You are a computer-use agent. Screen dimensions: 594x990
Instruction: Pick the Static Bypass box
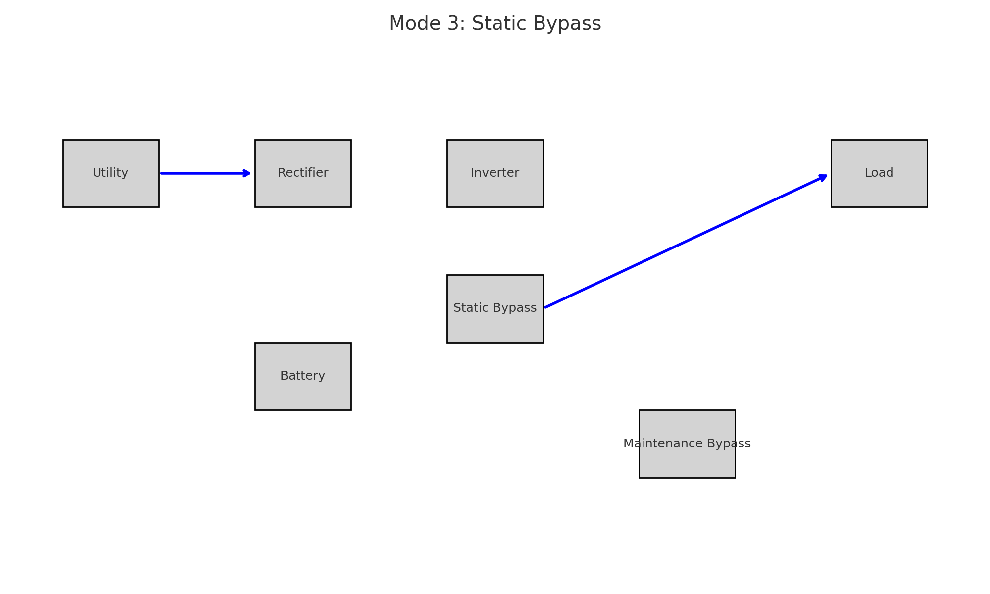(495, 327)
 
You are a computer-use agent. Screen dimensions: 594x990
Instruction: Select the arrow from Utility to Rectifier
(203, 173)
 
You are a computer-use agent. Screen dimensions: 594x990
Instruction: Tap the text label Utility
(110, 173)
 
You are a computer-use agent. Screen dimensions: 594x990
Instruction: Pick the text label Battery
(303, 376)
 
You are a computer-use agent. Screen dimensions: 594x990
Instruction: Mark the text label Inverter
(495, 173)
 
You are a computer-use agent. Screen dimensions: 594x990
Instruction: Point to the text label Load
(879, 173)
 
